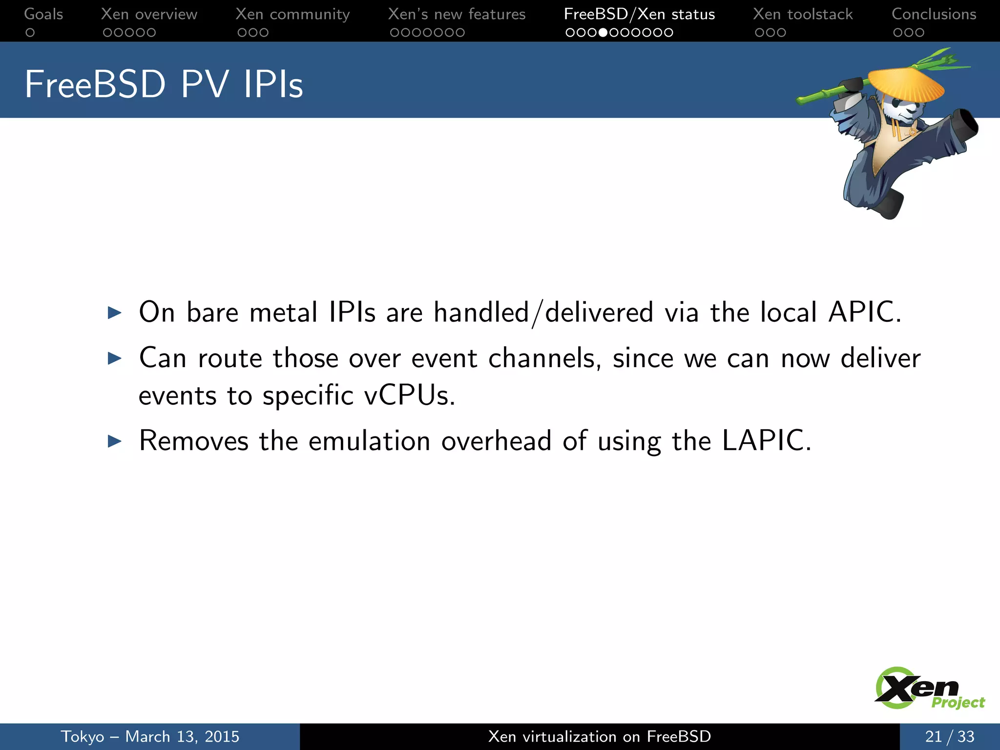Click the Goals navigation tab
[x=43, y=14]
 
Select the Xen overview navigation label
[x=149, y=14]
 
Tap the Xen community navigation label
[x=292, y=14]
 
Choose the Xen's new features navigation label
[x=457, y=14]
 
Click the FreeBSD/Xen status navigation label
[x=639, y=14]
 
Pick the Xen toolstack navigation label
[x=803, y=14]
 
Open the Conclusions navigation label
[x=934, y=14]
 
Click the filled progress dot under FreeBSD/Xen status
[x=603, y=33]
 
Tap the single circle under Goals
[x=30, y=33]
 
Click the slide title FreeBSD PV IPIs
[x=164, y=84]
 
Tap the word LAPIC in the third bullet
[x=766, y=440]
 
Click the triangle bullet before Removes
[x=114, y=441]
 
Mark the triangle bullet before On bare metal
[x=114, y=312]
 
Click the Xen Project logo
[x=928, y=688]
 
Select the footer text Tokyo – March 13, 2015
[x=150, y=736]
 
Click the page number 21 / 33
[x=949, y=736]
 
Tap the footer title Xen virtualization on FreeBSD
[x=600, y=736]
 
